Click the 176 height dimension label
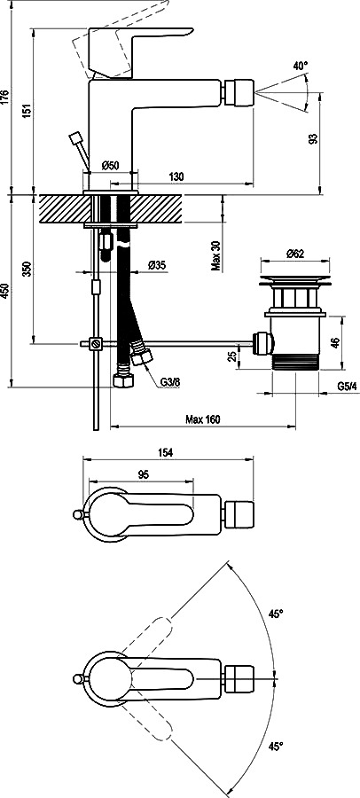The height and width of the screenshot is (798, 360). click(4, 97)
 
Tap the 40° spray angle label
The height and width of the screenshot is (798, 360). click(301, 66)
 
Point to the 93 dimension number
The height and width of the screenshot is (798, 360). click(313, 138)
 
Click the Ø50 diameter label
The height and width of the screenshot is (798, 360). click(110, 165)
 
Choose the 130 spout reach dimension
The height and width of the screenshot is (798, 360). click(176, 176)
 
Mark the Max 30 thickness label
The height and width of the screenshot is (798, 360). click(216, 255)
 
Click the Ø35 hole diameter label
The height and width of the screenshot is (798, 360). click(157, 264)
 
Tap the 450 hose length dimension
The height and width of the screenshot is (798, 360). click(4, 291)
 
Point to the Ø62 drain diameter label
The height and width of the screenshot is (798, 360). click(294, 254)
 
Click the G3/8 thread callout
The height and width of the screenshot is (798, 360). click(169, 381)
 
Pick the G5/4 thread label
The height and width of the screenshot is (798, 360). click(348, 387)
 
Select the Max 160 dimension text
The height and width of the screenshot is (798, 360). click(203, 419)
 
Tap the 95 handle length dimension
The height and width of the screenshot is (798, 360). click(143, 474)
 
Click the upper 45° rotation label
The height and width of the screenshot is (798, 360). click(276, 614)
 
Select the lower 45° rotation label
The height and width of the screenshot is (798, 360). click(276, 747)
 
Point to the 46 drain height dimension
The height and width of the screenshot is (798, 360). click(334, 342)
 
